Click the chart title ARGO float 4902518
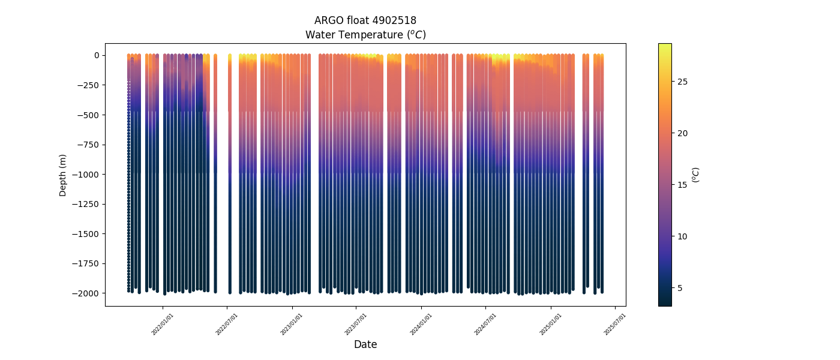click(x=365, y=20)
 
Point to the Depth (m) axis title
click(x=63, y=175)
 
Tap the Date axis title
click(x=365, y=344)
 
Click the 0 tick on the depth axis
click(x=96, y=55)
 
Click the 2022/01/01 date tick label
click(x=163, y=324)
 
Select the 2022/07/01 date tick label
click(x=227, y=324)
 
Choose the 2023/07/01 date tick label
click(x=356, y=324)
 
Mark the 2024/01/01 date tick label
click(x=421, y=324)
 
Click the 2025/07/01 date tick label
click(x=615, y=324)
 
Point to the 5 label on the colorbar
click(x=680, y=288)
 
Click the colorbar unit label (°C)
click(x=696, y=175)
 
